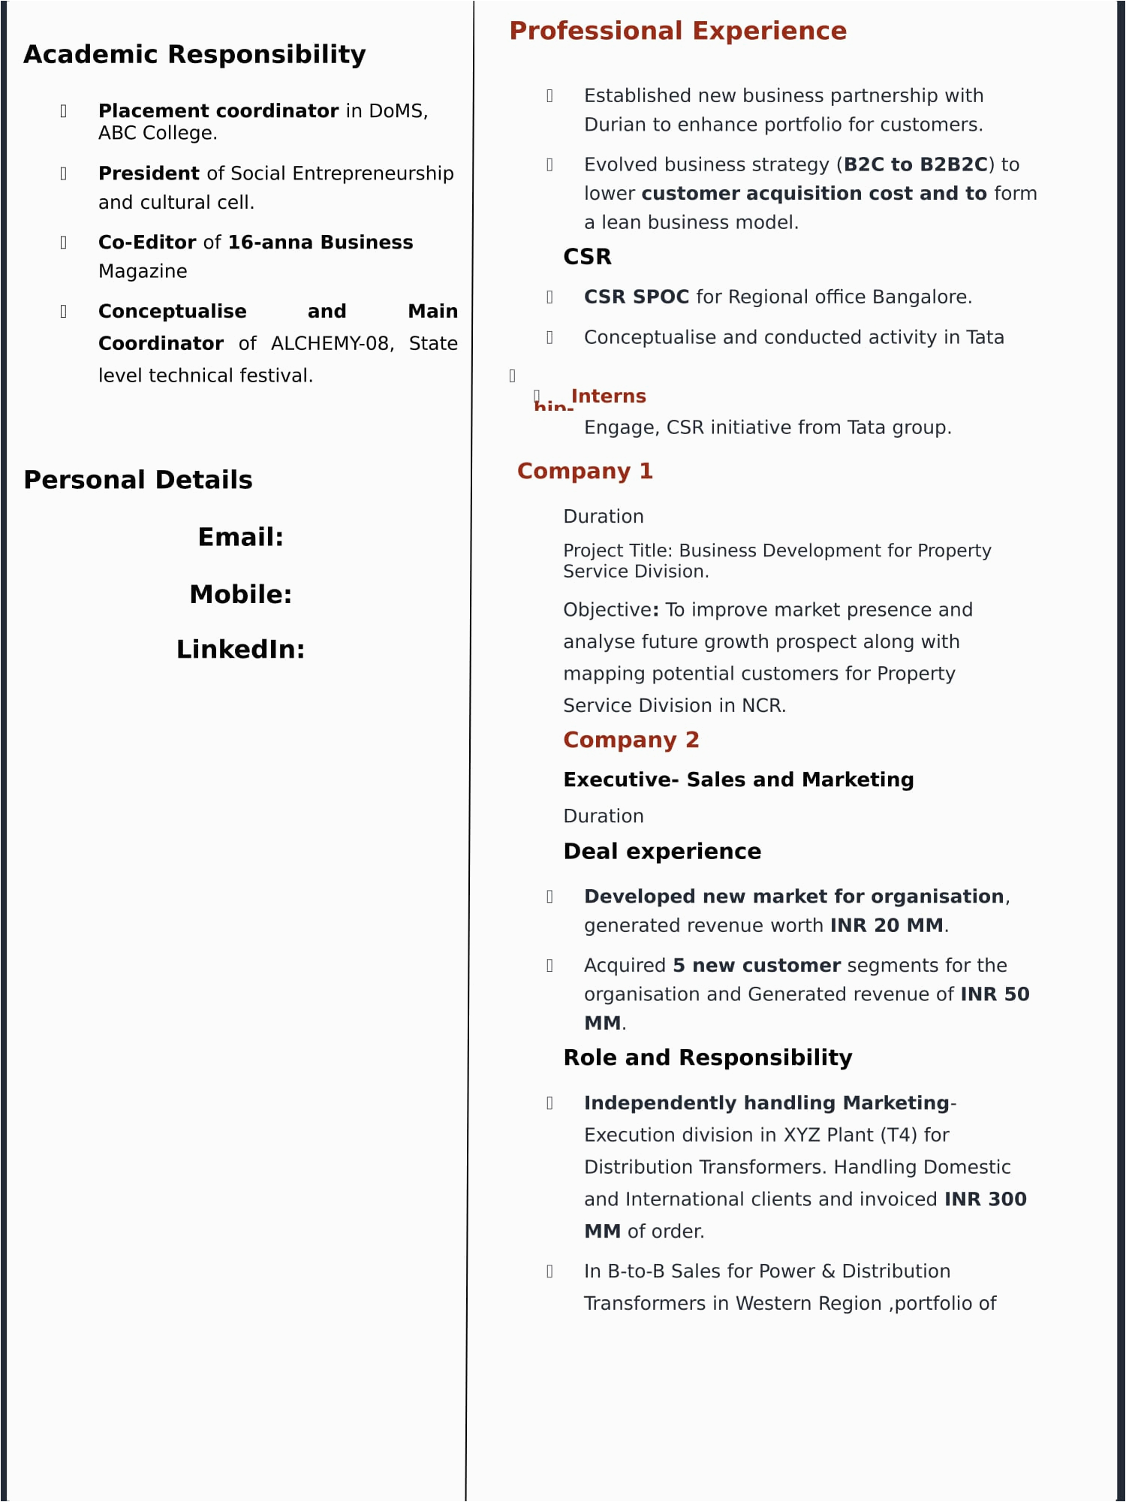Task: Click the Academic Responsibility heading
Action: point(194,55)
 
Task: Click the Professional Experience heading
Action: point(678,31)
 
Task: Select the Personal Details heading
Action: point(138,480)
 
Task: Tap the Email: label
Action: point(240,537)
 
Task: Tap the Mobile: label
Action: point(240,594)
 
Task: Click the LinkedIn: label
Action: point(240,650)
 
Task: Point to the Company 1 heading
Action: point(585,471)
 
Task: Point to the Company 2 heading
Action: point(631,740)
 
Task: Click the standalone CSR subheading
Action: point(587,257)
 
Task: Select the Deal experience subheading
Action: point(662,851)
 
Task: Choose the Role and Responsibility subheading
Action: point(708,1057)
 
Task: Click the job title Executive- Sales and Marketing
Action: point(739,780)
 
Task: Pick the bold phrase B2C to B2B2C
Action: point(916,164)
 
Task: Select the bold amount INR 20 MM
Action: point(887,925)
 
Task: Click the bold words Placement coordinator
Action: point(218,111)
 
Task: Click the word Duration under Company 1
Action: point(604,517)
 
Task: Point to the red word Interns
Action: point(608,396)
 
